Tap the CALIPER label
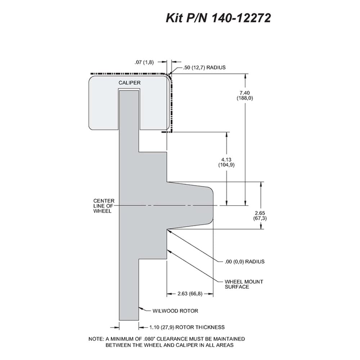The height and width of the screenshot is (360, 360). [130, 83]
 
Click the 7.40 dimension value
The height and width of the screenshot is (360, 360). [244, 93]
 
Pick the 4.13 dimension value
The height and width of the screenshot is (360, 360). [226, 159]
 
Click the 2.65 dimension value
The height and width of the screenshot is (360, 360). [260, 213]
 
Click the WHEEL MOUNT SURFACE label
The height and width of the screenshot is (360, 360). [244, 284]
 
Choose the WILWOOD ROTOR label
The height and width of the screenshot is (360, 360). [175, 311]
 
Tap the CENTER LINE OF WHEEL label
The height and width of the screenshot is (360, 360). [104, 206]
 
